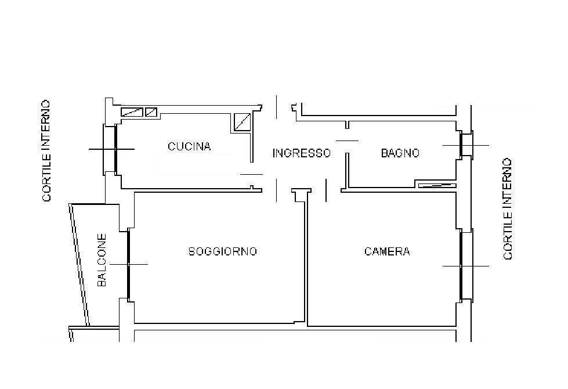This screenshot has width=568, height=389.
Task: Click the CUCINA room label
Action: pos(189,146)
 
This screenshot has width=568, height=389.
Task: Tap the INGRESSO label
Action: pos(301,153)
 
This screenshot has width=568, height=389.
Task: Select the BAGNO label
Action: pos(400,153)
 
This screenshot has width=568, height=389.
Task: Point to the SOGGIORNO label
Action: pos(223,251)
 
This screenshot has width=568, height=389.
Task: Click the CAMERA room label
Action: pos(387,251)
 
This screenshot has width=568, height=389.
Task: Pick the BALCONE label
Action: pos(102,260)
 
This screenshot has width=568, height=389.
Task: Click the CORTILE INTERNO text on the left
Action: pos(46,151)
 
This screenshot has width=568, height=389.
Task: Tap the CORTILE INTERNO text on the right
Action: pos(508,208)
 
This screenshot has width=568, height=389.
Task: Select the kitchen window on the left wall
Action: pos(115,149)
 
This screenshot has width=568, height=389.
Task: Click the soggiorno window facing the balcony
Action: pos(128,265)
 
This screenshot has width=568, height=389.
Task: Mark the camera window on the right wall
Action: pos(462,265)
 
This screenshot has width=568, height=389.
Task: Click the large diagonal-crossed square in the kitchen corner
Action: pos(243,121)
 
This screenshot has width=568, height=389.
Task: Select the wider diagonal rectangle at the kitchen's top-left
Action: pos(131,111)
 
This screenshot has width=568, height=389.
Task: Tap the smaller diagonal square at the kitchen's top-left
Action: pos(151,111)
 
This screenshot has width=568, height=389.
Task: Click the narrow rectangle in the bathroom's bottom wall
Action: pos(436,186)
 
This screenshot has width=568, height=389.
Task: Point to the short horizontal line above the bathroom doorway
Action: pos(347,141)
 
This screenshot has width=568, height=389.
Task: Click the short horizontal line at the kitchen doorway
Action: pos(251,174)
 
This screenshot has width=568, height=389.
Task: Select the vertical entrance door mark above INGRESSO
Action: pos(277,107)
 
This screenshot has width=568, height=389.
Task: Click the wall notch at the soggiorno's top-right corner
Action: pos(299,195)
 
